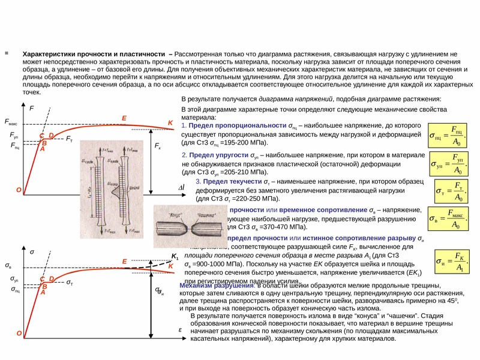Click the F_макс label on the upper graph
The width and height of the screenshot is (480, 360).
coord(11,122)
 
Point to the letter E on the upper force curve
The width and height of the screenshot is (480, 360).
coord(124,118)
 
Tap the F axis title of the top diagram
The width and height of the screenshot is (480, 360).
coord(31,109)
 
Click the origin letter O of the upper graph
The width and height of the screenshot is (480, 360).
coord(19,190)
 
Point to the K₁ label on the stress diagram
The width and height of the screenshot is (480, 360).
coord(175,256)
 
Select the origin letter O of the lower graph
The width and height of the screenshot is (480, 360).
coord(19,333)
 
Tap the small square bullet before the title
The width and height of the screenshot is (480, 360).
coord(7,53)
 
